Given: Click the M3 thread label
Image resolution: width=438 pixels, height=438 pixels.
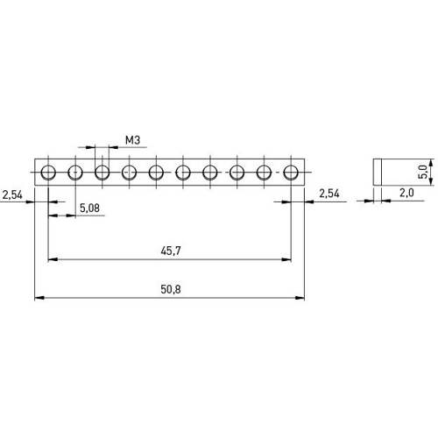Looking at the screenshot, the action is (x=132, y=140).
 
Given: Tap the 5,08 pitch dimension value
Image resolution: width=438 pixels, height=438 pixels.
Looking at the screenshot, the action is (x=89, y=208).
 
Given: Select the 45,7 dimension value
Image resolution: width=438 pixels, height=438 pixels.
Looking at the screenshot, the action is (x=171, y=251).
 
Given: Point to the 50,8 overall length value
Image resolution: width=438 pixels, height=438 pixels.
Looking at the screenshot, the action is (x=171, y=289).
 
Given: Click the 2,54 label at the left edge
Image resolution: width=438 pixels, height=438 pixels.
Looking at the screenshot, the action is (x=12, y=194).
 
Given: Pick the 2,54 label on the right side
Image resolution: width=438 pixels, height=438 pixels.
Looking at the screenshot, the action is (x=329, y=194).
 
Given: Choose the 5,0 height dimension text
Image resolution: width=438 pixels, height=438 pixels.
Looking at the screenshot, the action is (x=423, y=172).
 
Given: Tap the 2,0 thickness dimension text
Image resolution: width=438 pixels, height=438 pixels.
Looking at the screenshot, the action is (x=406, y=193).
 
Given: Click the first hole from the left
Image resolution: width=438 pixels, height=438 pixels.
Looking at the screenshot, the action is (x=48, y=173).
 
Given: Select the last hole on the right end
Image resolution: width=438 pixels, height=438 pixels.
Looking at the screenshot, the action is (x=291, y=173).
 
